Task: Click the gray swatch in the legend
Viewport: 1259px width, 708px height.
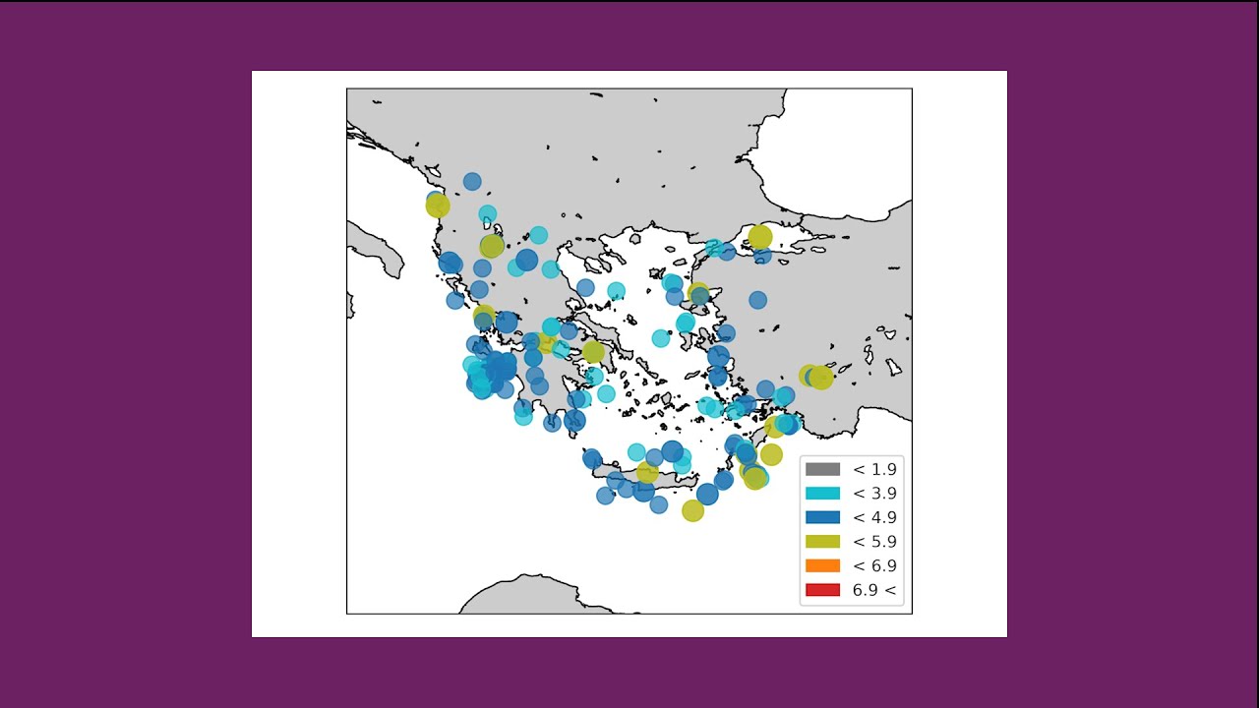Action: tap(822, 470)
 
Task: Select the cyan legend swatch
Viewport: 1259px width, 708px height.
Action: tap(822, 494)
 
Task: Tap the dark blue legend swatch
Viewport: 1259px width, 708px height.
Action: tap(822, 517)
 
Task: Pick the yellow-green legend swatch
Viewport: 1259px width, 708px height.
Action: tap(822, 542)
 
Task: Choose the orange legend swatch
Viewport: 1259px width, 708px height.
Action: tap(822, 565)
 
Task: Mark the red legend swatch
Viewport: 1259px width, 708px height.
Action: tap(822, 590)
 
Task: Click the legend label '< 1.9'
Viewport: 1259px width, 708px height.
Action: tap(874, 470)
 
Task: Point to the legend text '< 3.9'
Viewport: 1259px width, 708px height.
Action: tap(874, 494)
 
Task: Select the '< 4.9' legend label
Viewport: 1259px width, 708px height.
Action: tap(874, 517)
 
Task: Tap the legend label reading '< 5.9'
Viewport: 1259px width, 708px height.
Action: tap(874, 542)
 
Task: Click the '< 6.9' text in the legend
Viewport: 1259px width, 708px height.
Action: tap(874, 565)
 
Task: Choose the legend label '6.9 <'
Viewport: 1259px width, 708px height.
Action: tap(874, 590)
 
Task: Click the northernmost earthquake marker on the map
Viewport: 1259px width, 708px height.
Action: tap(472, 181)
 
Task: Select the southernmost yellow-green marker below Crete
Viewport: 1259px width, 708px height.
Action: tap(692, 510)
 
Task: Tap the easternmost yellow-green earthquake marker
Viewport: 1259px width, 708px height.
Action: tap(820, 378)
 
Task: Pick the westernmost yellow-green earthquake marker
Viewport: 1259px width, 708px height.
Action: tap(438, 206)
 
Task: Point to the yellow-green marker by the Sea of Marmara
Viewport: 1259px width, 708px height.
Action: tap(759, 237)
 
